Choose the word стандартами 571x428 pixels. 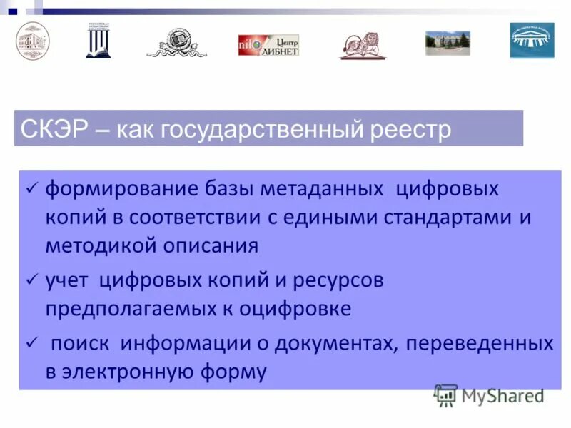coord(442,218)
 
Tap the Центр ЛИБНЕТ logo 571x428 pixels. coord(268,45)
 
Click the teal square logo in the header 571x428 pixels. coord(532,41)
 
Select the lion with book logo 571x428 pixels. coord(363,46)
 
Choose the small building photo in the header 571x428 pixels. coord(448,43)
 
